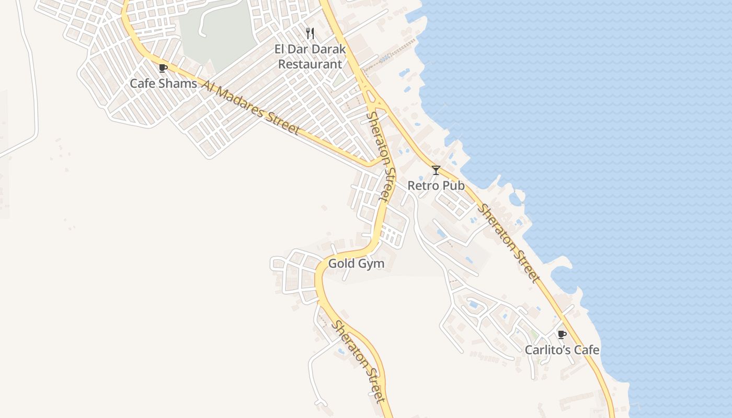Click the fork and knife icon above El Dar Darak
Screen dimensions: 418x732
[310, 33]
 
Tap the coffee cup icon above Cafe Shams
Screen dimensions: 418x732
[163, 67]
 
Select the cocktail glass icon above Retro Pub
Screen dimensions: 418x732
[436, 170]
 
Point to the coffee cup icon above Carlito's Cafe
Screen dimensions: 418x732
[562, 334]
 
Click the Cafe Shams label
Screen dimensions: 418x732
[163, 84]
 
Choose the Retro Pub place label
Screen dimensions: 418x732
[436, 185]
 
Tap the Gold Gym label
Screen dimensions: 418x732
[356, 264]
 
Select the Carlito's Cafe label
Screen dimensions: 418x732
[562, 350]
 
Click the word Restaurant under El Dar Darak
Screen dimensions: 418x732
[310, 64]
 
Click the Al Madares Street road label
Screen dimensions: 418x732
[250, 108]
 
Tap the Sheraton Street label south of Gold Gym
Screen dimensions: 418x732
[360, 361]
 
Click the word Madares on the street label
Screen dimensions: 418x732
[241, 103]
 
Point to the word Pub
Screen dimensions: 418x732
[453, 185]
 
